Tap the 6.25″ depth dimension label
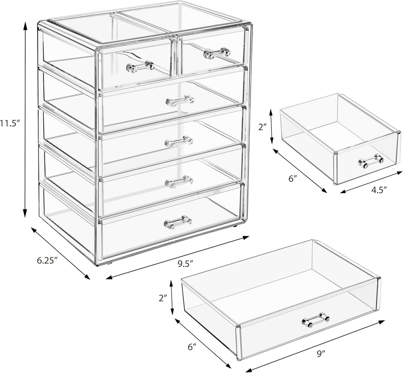pyautogui.click(x=48, y=260)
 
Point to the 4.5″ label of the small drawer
pyautogui.click(x=379, y=189)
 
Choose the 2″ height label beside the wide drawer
pyautogui.click(x=163, y=297)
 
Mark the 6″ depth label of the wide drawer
pyautogui.click(x=192, y=347)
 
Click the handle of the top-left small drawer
pyautogui.click(x=140, y=66)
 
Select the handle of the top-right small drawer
pyautogui.click(x=217, y=53)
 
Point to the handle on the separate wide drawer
pyautogui.click(x=315, y=320)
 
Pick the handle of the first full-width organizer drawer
pyautogui.click(x=180, y=101)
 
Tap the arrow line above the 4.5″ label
pyautogui.click(x=371, y=182)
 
